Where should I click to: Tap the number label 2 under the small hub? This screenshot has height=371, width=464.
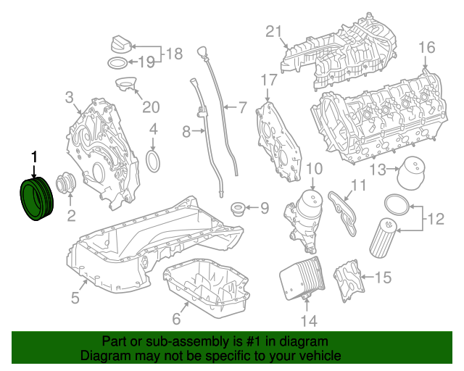click(x=71, y=215)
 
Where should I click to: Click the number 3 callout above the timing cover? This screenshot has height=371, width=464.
click(x=70, y=97)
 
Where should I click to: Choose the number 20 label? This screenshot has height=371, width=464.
click(x=149, y=107)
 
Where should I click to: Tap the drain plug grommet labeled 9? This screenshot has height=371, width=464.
click(x=236, y=211)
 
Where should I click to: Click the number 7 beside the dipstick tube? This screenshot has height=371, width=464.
click(x=243, y=109)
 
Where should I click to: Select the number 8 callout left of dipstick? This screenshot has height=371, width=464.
click(x=186, y=132)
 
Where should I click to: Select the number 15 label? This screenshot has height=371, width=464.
click(x=382, y=277)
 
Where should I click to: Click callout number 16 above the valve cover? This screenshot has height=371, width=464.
click(x=426, y=48)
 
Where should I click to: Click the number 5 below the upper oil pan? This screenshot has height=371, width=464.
click(x=75, y=296)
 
